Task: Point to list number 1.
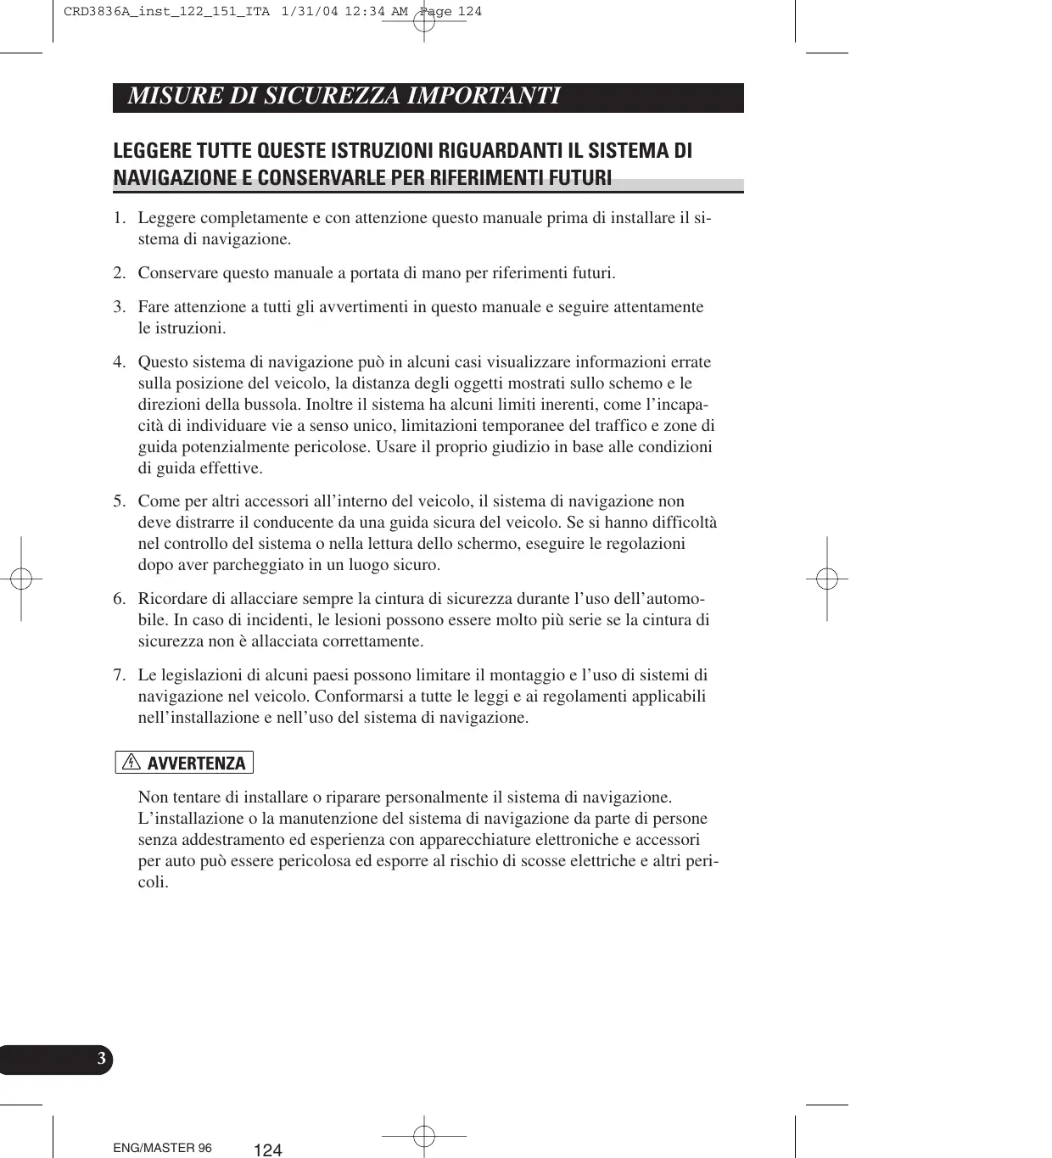click(120, 218)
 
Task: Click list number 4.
click(120, 362)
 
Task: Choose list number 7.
click(120, 675)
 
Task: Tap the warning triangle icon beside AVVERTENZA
click(131, 762)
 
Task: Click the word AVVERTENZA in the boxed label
click(196, 764)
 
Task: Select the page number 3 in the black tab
click(101, 1059)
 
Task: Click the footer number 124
click(267, 1150)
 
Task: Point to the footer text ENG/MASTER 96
click(163, 1148)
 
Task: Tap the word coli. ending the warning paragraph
click(153, 882)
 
